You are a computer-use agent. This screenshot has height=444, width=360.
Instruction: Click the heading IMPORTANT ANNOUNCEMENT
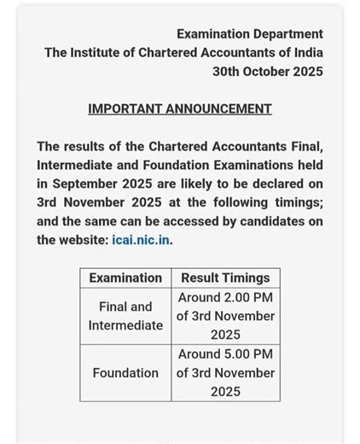tap(180, 109)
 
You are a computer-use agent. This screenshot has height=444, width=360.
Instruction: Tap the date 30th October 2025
tap(268, 72)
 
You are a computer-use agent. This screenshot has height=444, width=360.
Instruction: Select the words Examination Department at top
tap(250, 34)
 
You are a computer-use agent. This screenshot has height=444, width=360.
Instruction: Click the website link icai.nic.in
tap(141, 240)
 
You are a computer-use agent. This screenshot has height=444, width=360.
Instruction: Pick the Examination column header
tap(125, 277)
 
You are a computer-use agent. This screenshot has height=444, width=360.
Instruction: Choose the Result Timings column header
tap(225, 277)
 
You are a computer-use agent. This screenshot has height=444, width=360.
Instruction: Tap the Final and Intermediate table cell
tap(125, 316)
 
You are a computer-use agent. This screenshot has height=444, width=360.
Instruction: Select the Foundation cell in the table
tap(125, 373)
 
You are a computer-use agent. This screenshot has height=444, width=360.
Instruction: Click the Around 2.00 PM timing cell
tap(225, 316)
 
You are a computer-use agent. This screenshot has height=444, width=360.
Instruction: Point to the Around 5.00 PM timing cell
tap(225, 373)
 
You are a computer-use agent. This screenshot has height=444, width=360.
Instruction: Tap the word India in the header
tap(305, 53)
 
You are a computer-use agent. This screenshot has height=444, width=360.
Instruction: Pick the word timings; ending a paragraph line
tap(295, 202)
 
